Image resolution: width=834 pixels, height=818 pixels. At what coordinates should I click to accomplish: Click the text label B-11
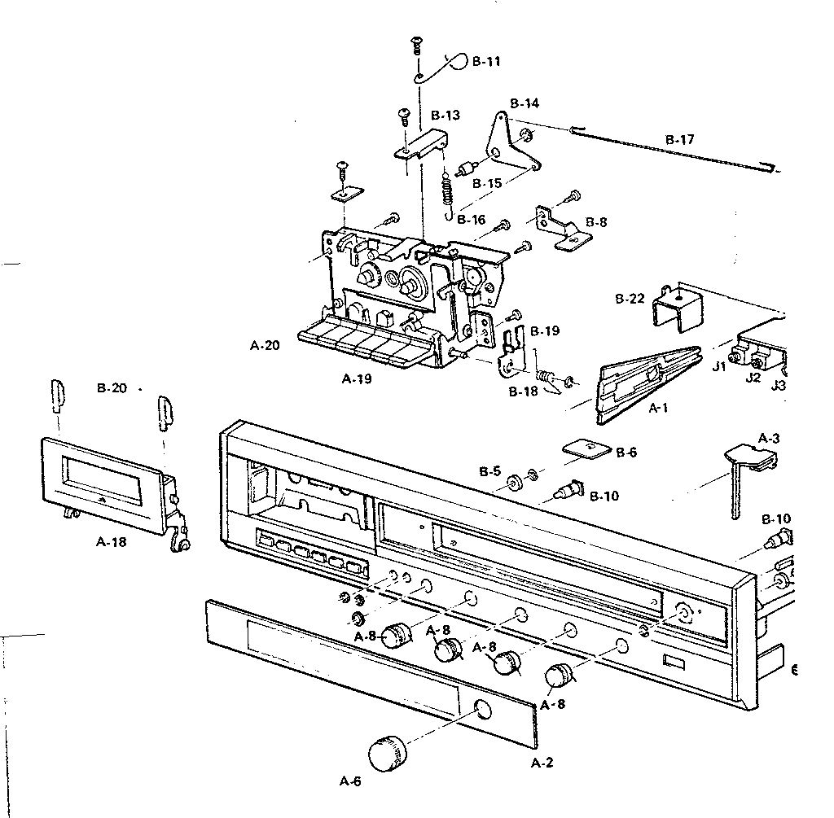pyautogui.click(x=486, y=61)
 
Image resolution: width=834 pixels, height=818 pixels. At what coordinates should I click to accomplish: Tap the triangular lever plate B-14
pyautogui.click(x=513, y=142)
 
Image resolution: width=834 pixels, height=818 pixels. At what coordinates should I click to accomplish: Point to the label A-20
pyautogui.click(x=265, y=345)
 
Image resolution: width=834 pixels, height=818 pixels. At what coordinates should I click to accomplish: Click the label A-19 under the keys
pyautogui.click(x=357, y=379)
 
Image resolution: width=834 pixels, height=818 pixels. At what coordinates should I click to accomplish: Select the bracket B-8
pyautogui.click(x=562, y=228)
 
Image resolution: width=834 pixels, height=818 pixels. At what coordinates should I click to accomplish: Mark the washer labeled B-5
pyautogui.click(x=514, y=483)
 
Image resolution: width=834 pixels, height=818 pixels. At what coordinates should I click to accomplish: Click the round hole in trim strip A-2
pyautogui.click(x=482, y=710)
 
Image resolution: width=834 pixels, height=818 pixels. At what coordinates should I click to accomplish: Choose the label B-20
pyautogui.click(x=112, y=388)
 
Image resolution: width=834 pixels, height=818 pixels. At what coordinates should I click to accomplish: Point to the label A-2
pyautogui.click(x=542, y=763)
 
